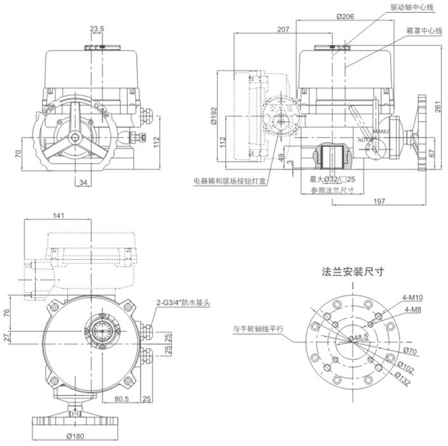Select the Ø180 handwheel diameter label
tap(75, 436)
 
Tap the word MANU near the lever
tap(381, 132)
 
